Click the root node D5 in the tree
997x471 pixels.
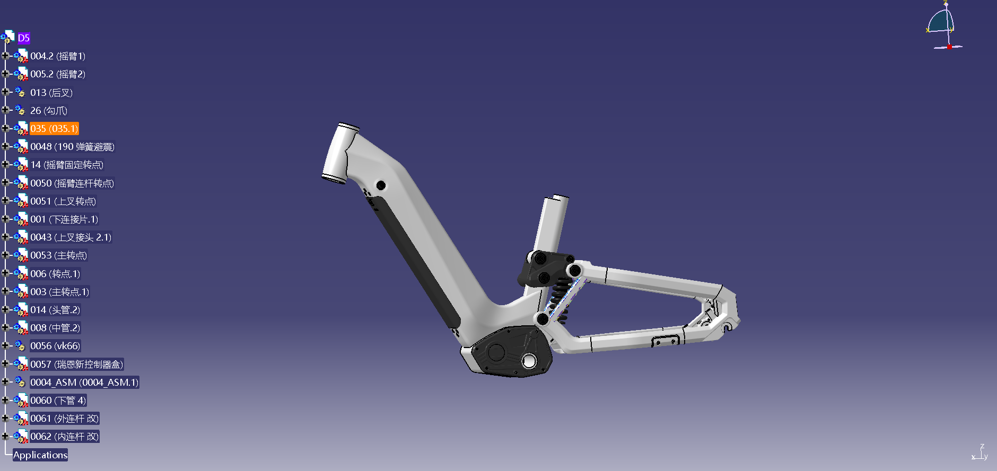point(23,38)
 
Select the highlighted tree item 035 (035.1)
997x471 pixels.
point(54,129)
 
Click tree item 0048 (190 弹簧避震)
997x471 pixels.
point(72,147)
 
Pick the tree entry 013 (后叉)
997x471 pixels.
point(51,93)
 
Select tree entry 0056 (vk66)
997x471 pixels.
point(55,346)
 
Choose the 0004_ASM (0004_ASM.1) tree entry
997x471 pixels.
point(84,383)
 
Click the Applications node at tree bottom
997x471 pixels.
point(40,455)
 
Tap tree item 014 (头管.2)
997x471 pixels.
point(55,310)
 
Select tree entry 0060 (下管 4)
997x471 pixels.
point(58,401)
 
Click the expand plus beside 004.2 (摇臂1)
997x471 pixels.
point(5,56)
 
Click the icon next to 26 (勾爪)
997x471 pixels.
point(20,110)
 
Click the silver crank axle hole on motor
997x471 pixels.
point(529,361)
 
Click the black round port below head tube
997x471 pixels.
point(381,185)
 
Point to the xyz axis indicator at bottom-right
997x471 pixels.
point(980,453)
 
